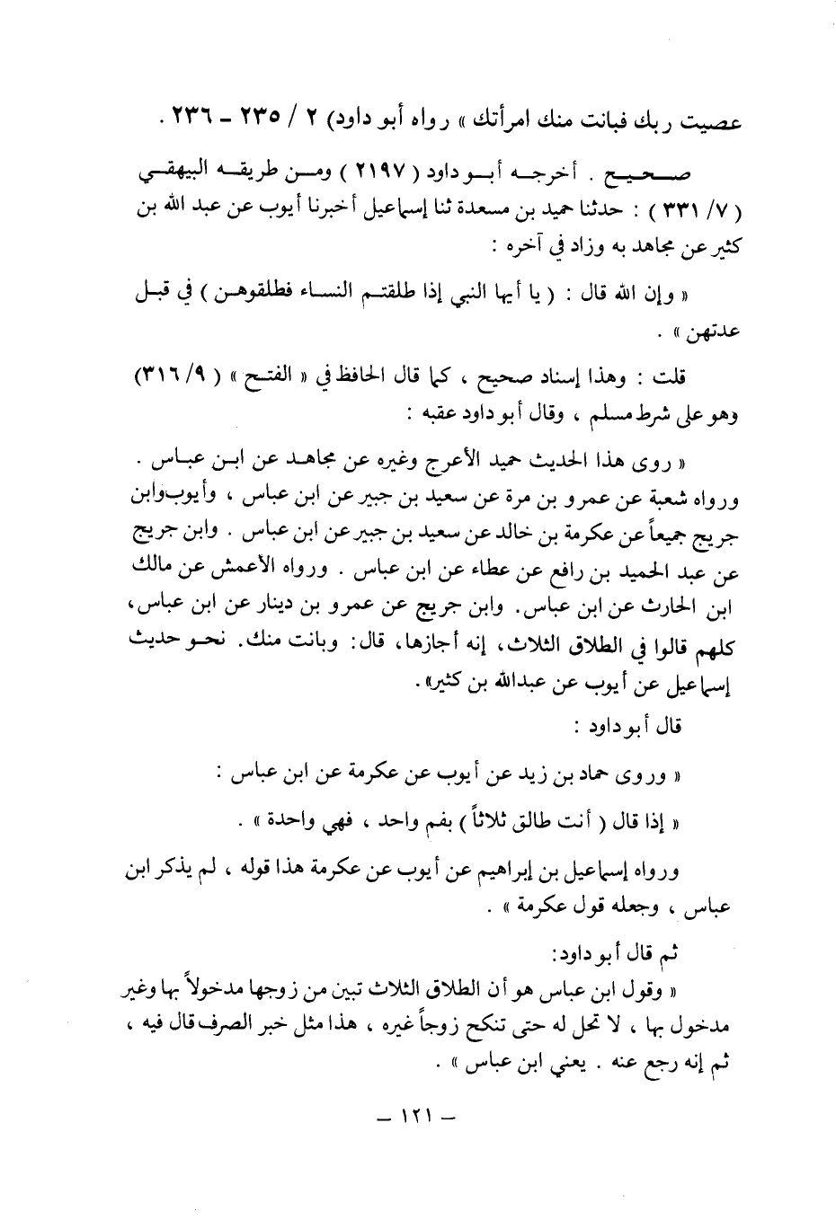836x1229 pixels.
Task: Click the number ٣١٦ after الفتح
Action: point(167,375)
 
